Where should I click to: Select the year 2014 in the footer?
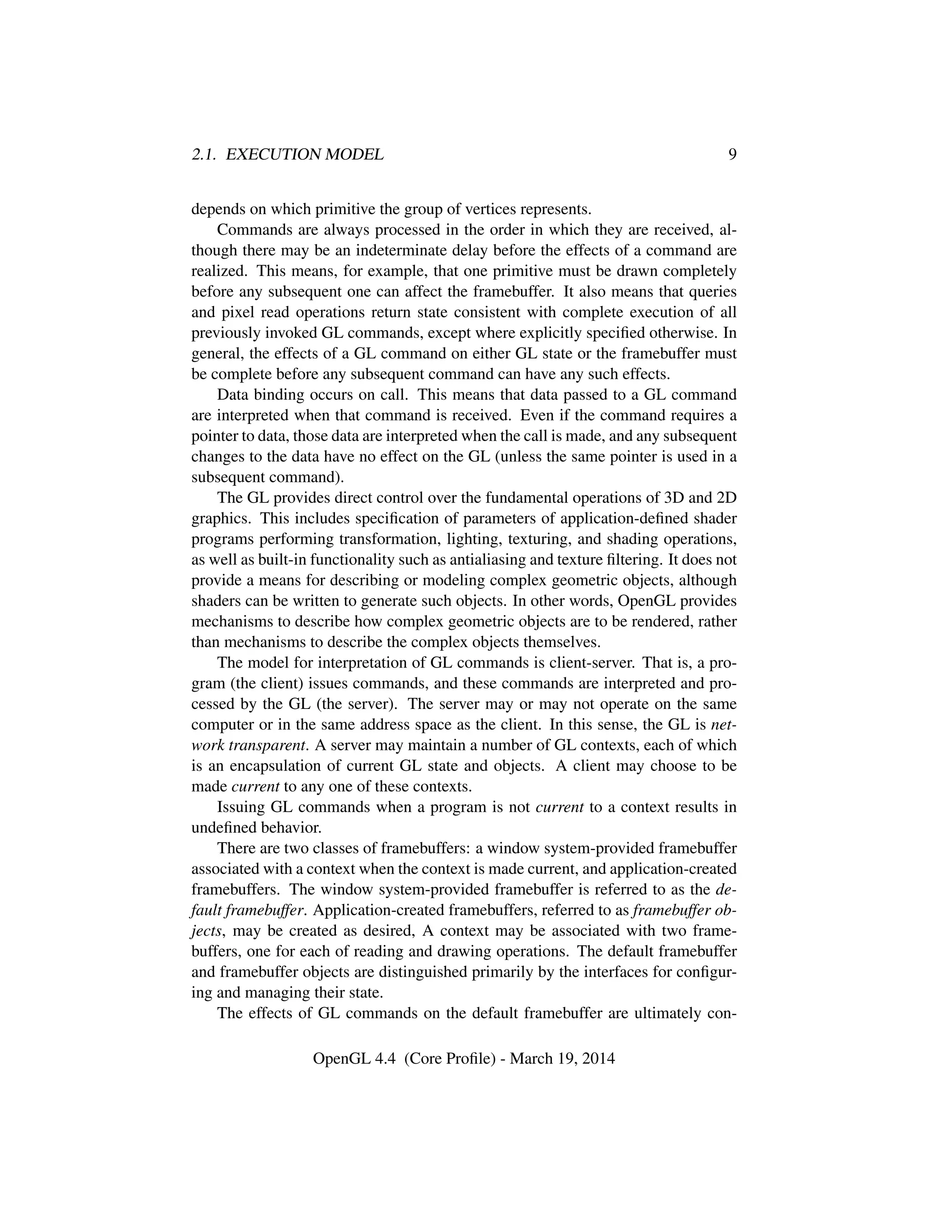[x=598, y=1058]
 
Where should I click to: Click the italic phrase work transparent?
[x=248, y=745]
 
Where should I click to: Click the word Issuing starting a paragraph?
[x=241, y=807]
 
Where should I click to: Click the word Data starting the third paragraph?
[x=233, y=395]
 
